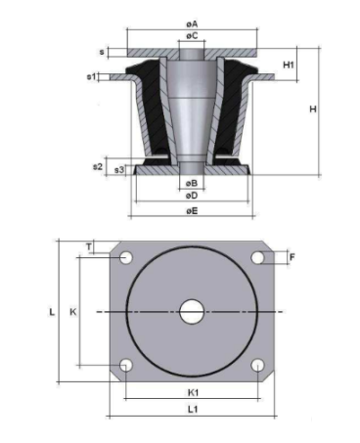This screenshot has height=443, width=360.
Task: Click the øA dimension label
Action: (192, 24)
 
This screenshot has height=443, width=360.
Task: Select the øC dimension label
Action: (192, 35)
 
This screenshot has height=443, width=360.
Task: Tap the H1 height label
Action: (289, 65)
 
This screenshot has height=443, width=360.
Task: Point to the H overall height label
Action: (313, 109)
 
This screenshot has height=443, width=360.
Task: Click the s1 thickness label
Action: (91, 76)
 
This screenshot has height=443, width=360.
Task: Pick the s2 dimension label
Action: (98, 166)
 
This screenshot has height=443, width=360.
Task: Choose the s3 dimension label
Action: (119, 170)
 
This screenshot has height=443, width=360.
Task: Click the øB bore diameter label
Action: (192, 184)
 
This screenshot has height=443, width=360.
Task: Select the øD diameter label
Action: (192, 196)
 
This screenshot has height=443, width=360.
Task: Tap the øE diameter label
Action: (192, 211)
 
